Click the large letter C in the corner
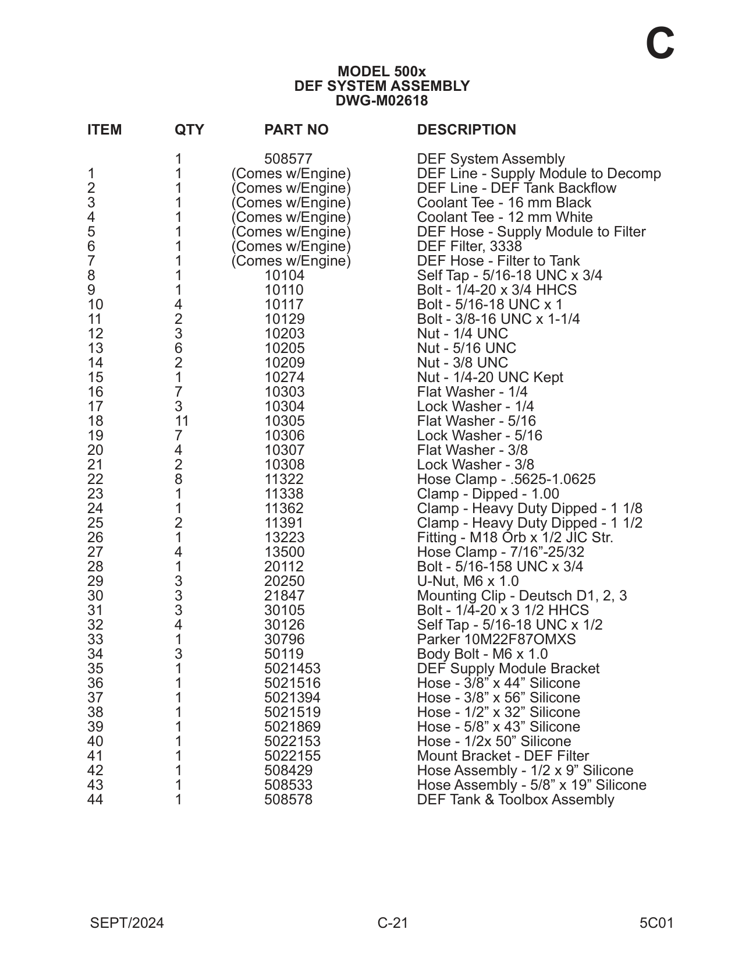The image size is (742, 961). (660, 44)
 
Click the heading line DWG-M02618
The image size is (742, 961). (381, 101)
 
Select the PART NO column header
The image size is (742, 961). (296, 130)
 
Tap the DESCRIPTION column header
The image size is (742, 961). (466, 130)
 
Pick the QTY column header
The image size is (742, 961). (189, 130)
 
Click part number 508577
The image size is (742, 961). (288, 159)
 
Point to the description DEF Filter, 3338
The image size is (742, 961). (469, 246)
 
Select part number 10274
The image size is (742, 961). (284, 377)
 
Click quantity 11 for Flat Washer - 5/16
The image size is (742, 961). (182, 421)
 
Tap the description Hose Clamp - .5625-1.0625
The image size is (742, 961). (506, 479)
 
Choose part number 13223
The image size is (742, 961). (284, 538)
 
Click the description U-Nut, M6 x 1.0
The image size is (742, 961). (467, 581)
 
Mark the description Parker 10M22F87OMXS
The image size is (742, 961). (496, 640)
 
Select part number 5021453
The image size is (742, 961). (292, 669)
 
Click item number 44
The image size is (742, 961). (95, 800)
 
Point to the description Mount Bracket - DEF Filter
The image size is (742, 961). (503, 756)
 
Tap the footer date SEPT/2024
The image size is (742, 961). (127, 923)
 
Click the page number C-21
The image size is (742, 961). (393, 923)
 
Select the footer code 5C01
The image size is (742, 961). (656, 923)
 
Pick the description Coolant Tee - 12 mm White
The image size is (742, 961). (505, 217)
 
